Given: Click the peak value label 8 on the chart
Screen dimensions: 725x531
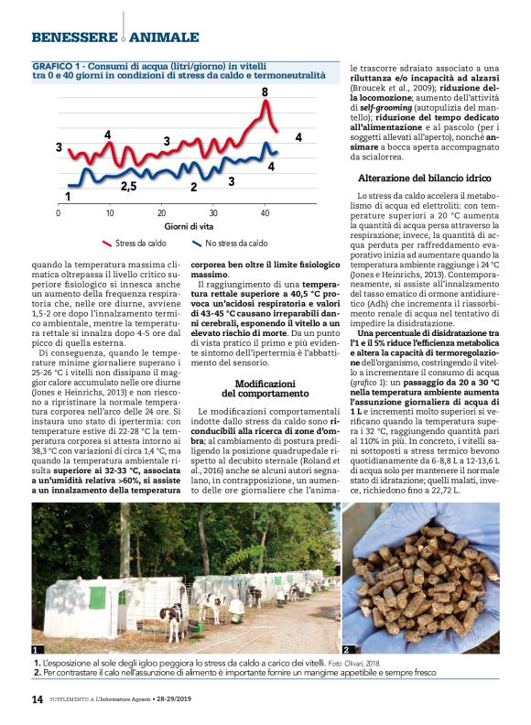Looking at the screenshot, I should (265, 92).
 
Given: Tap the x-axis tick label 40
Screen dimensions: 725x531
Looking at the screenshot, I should (265, 212).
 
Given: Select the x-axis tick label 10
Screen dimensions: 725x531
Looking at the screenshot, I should (110, 212).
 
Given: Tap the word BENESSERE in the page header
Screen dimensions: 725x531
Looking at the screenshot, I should (73, 37).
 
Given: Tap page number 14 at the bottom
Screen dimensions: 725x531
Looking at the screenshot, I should (38, 699).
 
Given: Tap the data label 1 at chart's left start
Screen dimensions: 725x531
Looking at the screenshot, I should (68, 196).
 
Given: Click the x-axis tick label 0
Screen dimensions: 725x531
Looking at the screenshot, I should (59, 212).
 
